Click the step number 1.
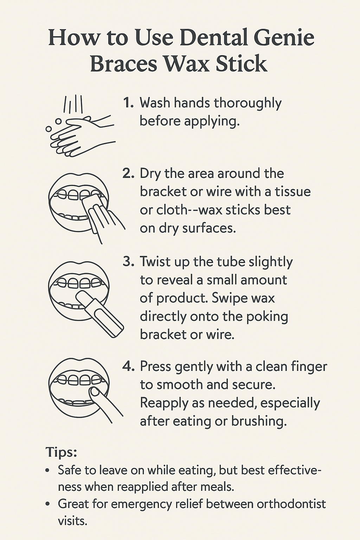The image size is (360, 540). click(x=128, y=103)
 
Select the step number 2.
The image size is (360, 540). click(x=128, y=174)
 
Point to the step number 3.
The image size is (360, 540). click(x=128, y=262)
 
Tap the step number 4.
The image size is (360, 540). click(x=128, y=367)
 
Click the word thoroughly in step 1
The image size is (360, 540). click(x=247, y=103)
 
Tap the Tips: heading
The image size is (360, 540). click(x=61, y=452)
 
